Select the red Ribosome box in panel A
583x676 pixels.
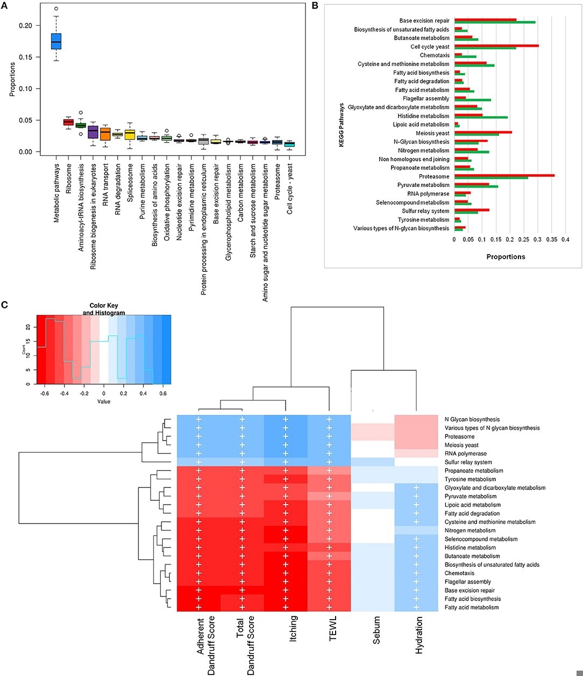(68, 123)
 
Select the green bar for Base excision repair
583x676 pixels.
(495, 22)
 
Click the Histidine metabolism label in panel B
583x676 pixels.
(423, 116)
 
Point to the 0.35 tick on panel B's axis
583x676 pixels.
(551, 240)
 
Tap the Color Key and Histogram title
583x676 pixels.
(104, 310)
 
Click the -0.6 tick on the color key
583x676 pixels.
(45, 393)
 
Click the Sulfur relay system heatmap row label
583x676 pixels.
(468, 462)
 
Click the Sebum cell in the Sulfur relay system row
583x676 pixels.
(372, 462)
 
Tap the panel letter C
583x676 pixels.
(5, 305)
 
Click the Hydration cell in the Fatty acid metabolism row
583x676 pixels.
(416, 607)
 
